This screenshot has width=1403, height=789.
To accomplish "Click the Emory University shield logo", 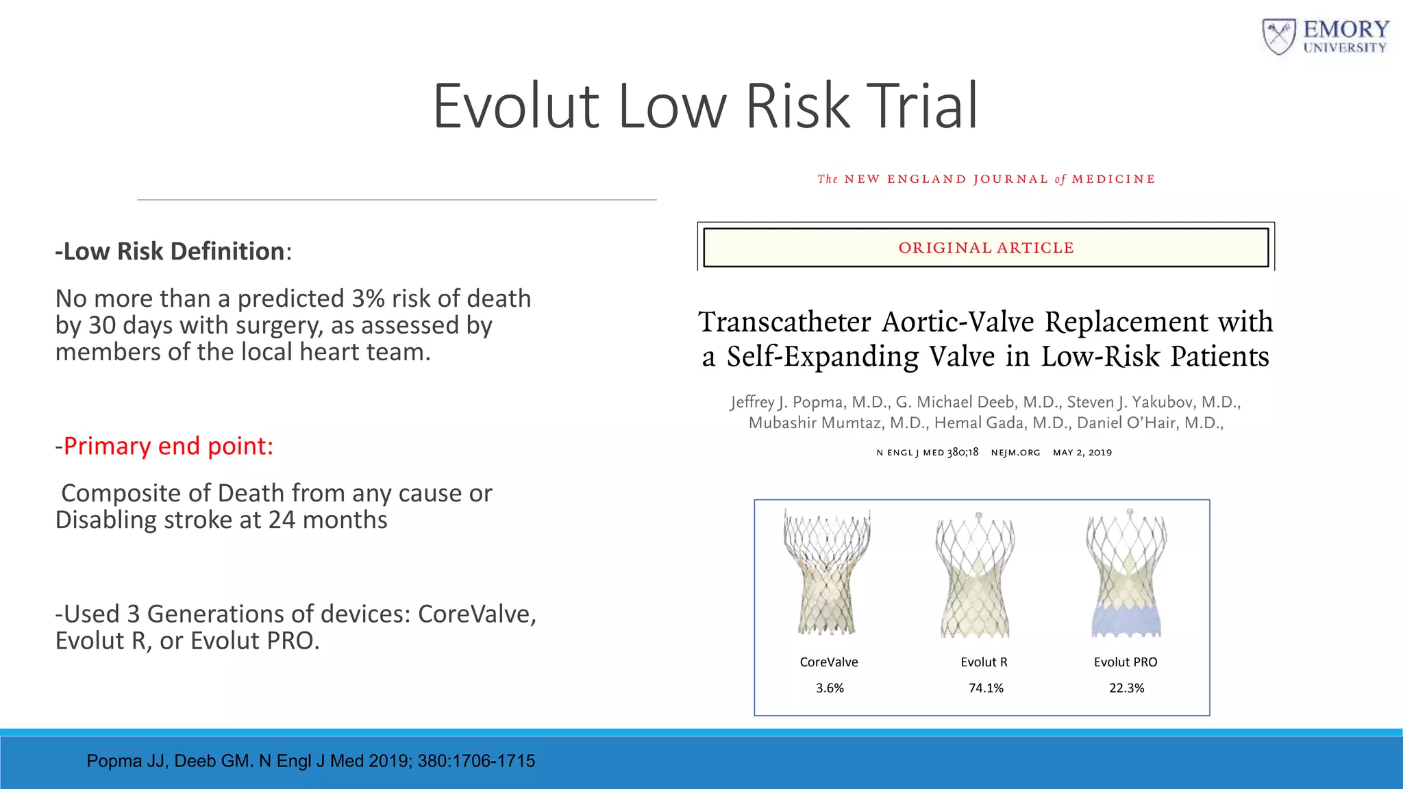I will (x=1278, y=37).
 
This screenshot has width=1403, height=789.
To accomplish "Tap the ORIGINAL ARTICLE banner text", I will (x=986, y=248).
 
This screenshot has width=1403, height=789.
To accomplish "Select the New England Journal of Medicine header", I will (x=986, y=179).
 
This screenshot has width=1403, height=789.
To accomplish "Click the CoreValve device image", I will (x=828, y=572).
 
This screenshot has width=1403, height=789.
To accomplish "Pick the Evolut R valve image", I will (x=976, y=575).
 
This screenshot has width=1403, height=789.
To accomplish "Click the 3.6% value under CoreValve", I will (x=830, y=688).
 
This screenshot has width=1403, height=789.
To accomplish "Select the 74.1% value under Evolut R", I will (x=986, y=688).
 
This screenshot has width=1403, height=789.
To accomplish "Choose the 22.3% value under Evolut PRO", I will (x=1127, y=688).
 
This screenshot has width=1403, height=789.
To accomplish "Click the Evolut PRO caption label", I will (x=1126, y=662).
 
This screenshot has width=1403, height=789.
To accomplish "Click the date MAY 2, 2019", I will (x=1082, y=453).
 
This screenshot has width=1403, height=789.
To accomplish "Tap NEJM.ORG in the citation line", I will (x=1015, y=453).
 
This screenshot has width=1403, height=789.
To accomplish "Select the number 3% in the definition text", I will (x=368, y=299).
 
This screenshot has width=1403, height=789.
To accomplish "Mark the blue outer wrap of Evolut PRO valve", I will (x=1126, y=620).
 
